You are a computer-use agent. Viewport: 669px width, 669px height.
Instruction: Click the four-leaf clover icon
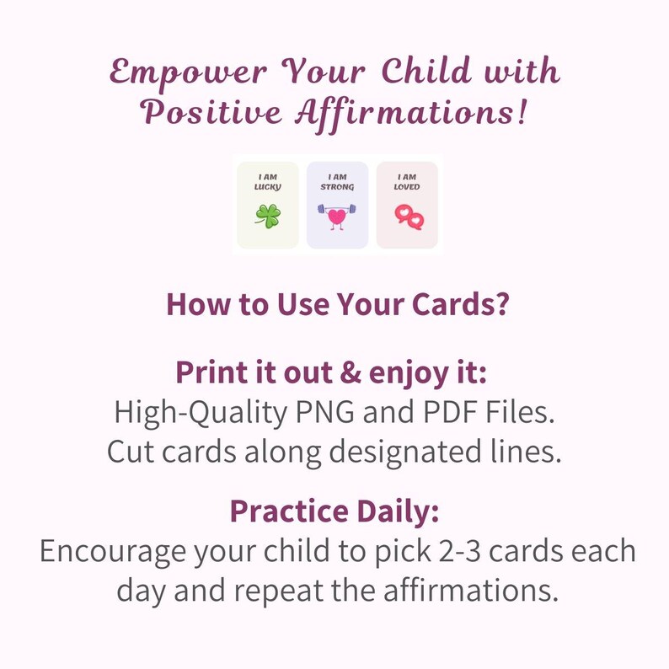(x=268, y=216)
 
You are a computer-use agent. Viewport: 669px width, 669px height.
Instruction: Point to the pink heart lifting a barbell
(x=337, y=216)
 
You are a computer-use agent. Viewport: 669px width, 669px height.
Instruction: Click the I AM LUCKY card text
(x=268, y=181)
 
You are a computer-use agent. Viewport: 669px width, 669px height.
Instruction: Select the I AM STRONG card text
(x=337, y=181)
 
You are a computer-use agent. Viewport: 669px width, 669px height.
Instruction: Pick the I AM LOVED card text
(x=407, y=181)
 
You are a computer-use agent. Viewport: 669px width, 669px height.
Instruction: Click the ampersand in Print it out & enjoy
(x=336, y=372)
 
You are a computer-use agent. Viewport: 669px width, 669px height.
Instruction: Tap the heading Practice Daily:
(x=334, y=511)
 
